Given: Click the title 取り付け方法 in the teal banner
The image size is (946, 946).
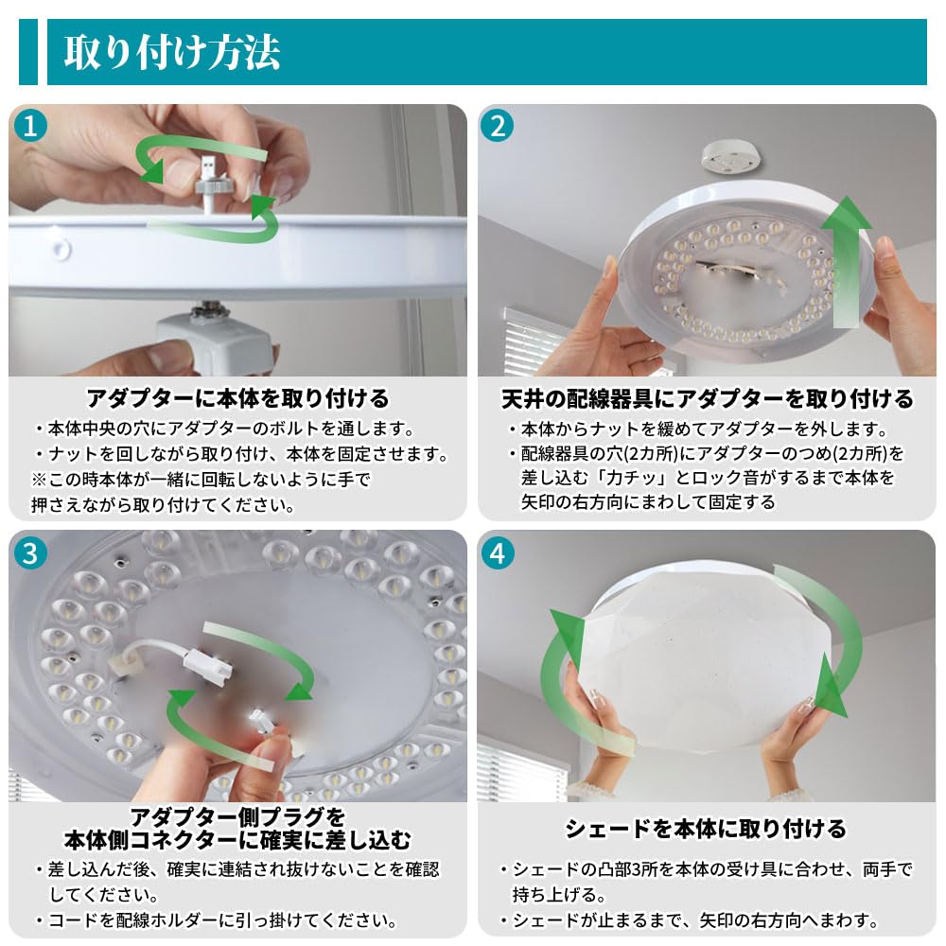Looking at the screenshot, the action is [172, 52].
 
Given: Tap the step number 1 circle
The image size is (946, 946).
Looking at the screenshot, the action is [30, 126].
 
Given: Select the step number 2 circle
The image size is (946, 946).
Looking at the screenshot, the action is [498, 126].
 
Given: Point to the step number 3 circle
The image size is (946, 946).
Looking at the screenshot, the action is [30, 553].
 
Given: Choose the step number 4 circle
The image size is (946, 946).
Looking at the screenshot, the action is [498, 553].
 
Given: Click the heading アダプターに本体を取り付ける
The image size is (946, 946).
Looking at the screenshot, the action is [237, 399].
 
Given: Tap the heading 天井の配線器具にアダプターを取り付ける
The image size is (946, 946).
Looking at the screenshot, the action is [707, 399].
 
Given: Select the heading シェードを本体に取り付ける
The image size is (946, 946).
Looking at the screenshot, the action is [706, 829].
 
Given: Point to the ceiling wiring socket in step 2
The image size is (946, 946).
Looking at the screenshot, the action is [730, 159].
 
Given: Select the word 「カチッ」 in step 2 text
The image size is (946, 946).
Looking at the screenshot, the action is [629, 478].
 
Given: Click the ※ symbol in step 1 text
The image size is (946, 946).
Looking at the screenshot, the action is [39, 480].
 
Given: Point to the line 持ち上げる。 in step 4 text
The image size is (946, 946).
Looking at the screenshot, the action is [559, 894].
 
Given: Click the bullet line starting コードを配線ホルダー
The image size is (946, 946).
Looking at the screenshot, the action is [218, 920].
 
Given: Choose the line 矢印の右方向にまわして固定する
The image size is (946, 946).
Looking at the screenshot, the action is [648, 502].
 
